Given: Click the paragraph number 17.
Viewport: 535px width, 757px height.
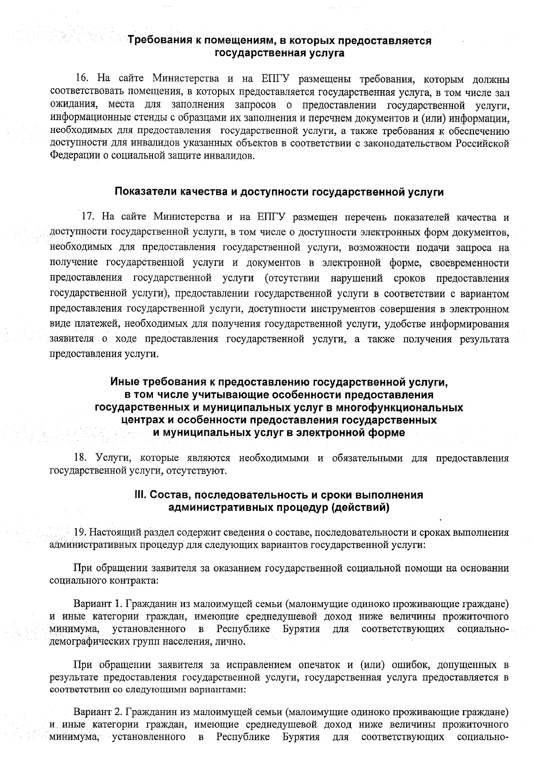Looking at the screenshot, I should [88, 217].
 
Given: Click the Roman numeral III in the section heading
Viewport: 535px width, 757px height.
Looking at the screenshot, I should [141, 495].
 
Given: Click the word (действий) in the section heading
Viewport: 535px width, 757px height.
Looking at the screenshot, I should [361, 507].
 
